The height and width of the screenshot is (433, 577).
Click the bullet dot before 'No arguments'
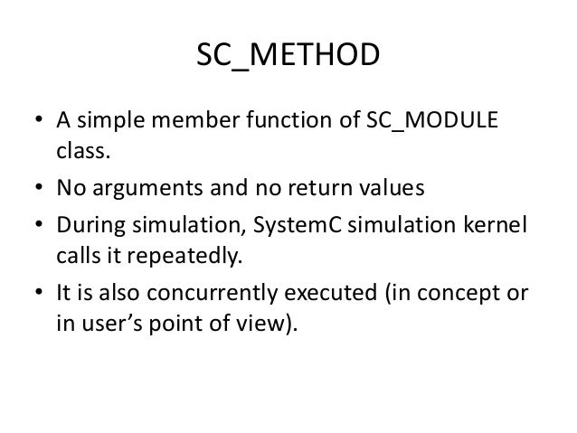tap(40, 191)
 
